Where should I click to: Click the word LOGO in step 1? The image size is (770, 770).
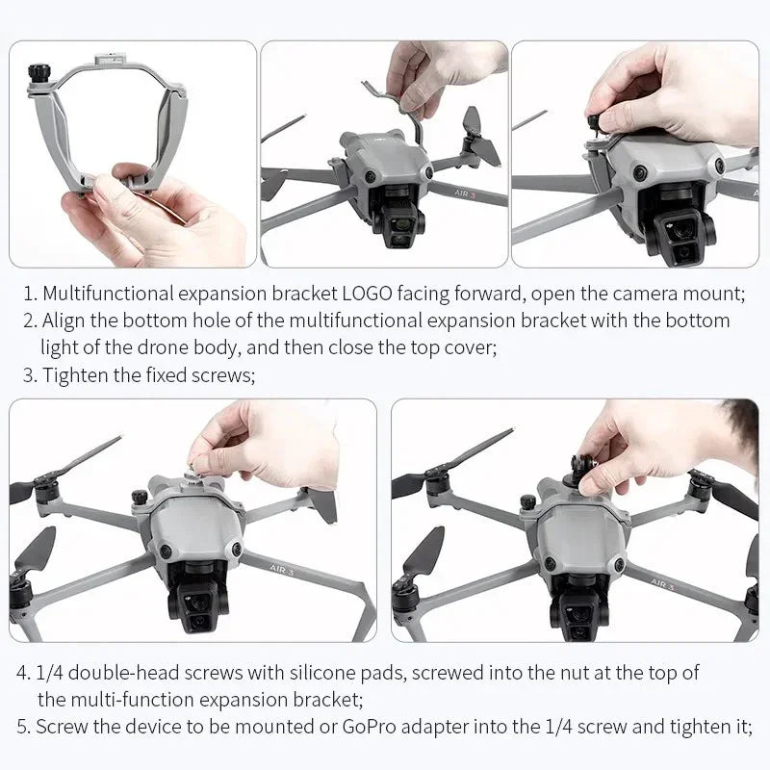pos(374,293)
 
